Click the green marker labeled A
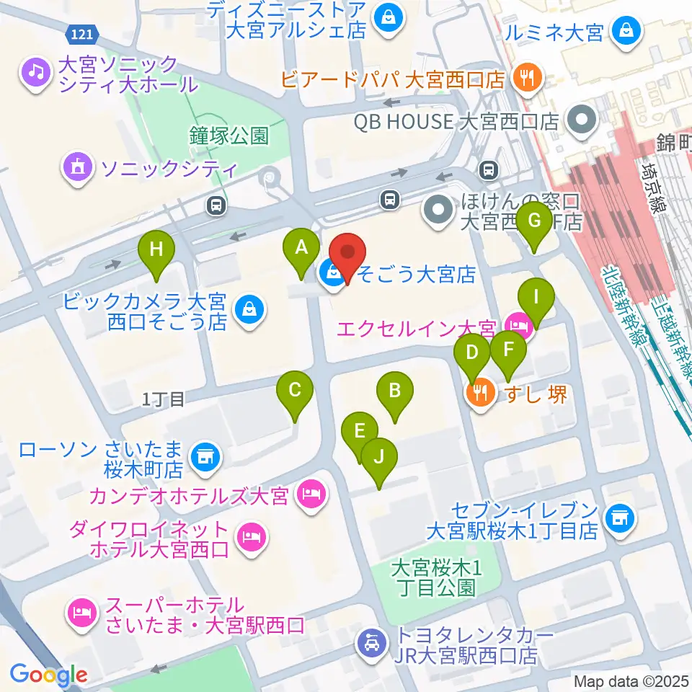click(x=302, y=248)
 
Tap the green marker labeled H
click(x=156, y=250)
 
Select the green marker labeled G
click(x=534, y=221)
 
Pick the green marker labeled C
click(x=295, y=390)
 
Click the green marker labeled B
click(x=394, y=391)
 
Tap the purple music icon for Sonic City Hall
click(x=34, y=72)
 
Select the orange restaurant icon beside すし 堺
click(x=479, y=394)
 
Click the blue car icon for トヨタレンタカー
click(x=371, y=642)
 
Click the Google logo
click(x=48, y=674)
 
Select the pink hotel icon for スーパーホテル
click(x=79, y=612)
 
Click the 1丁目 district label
click(x=164, y=398)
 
